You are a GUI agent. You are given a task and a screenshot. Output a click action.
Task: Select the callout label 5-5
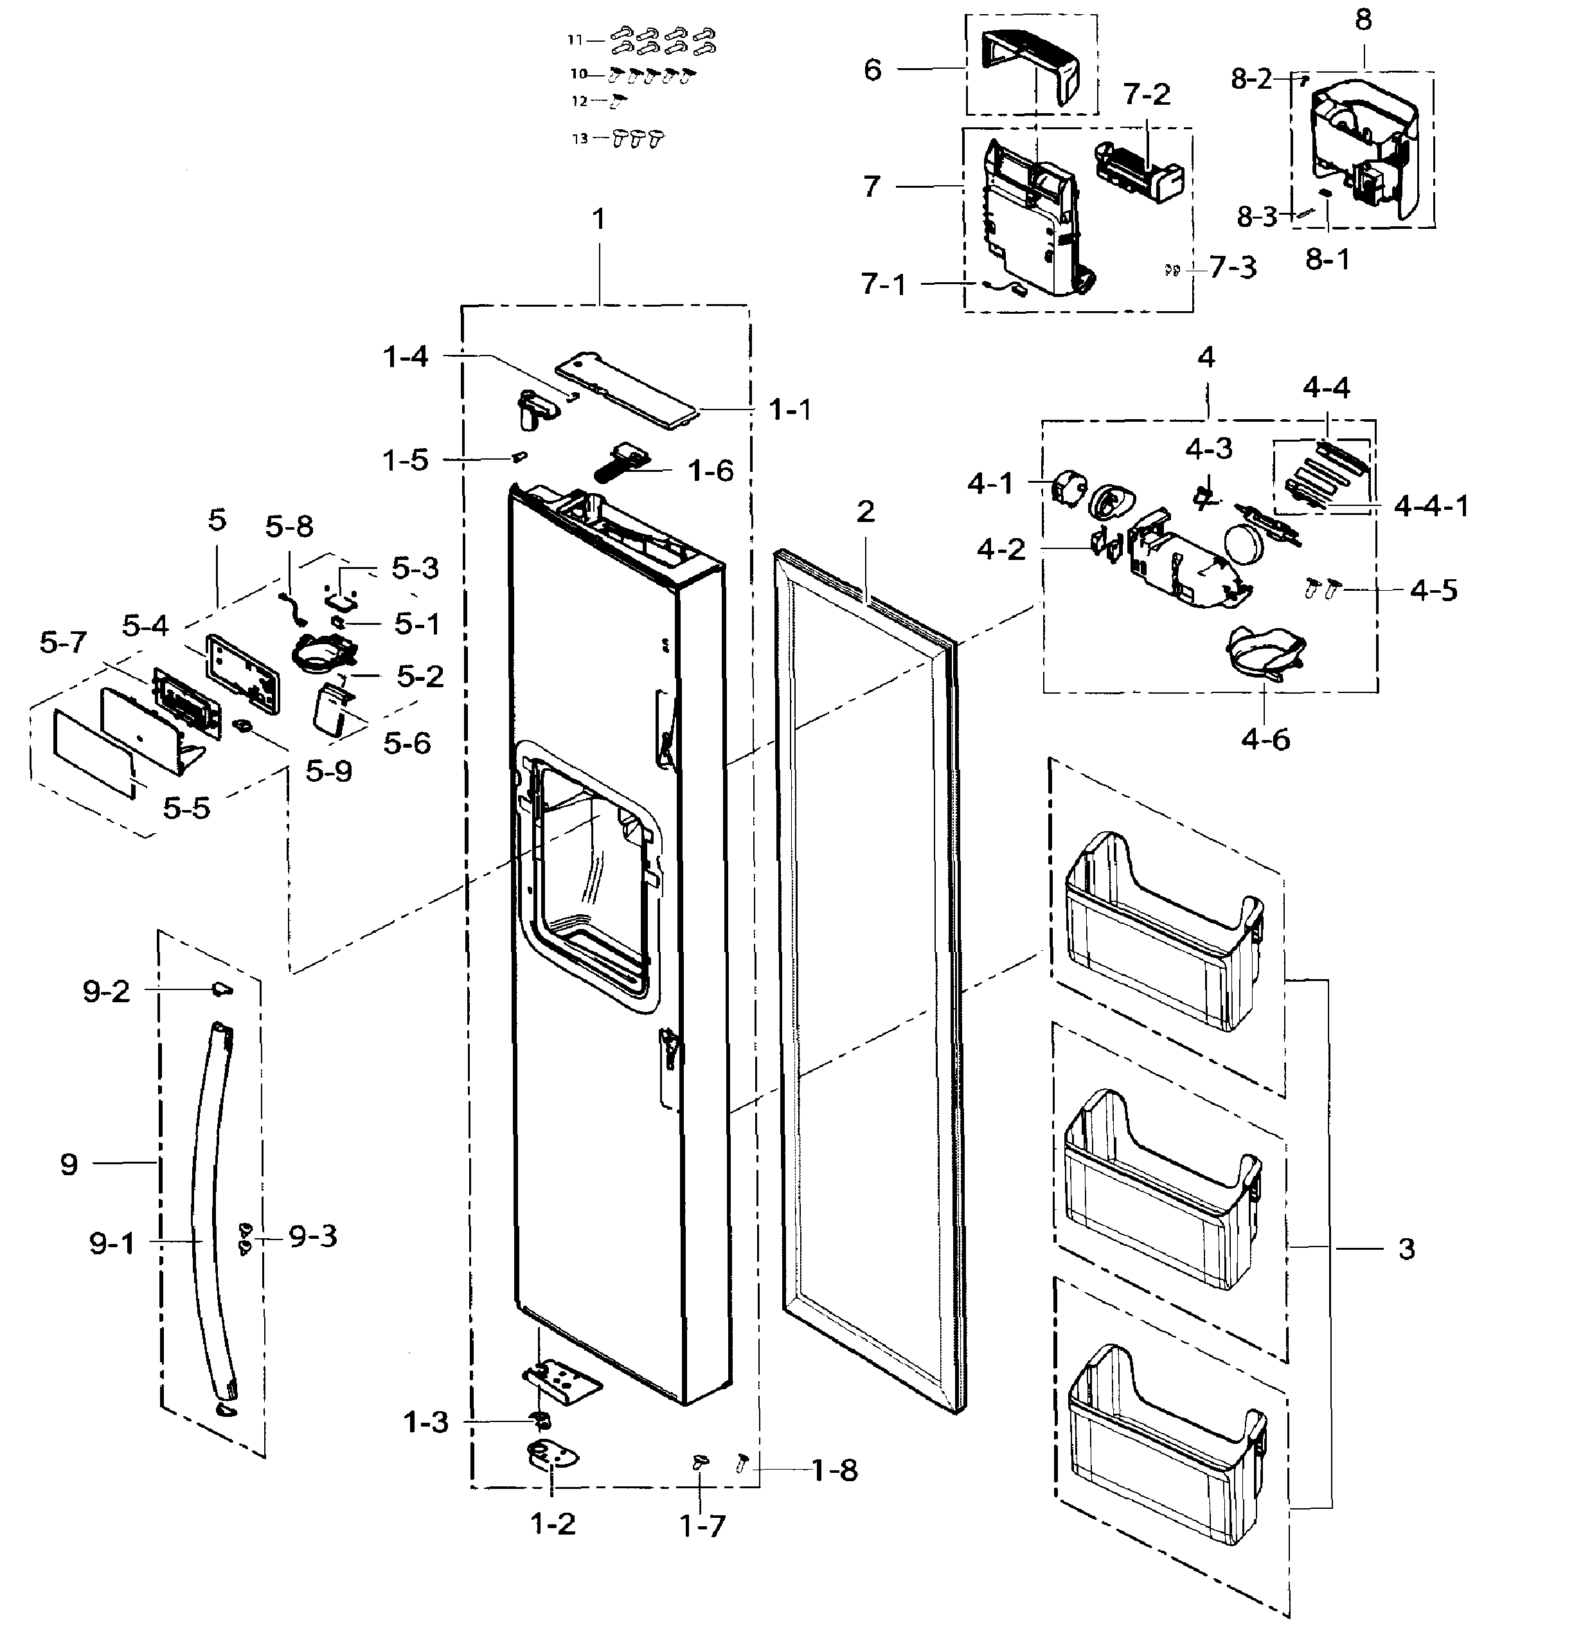coord(186,807)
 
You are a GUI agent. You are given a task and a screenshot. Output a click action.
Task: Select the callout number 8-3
coord(1257,217)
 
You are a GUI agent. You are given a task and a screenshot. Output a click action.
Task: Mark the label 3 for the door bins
coord(1406,1248)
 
